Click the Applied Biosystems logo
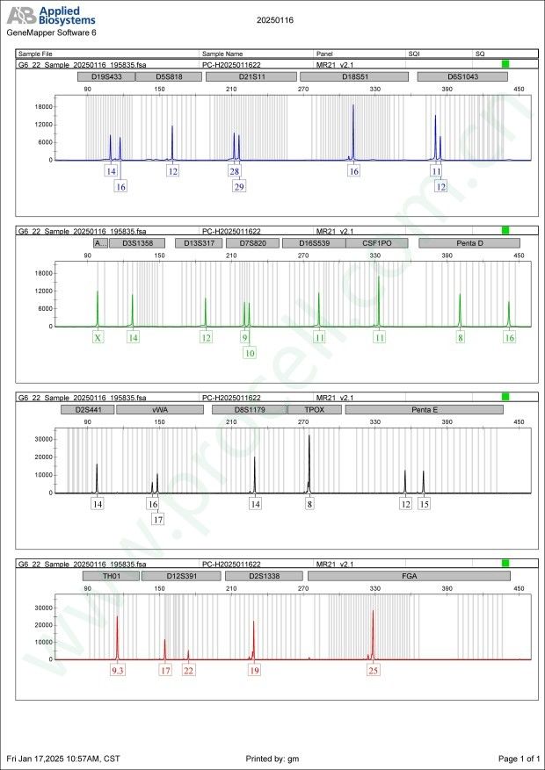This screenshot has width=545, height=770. click(x=52, y=15)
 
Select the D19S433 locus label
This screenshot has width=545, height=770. click(x=105, y=76)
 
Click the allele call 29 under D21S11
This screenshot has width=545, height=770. click(x=239, y=186)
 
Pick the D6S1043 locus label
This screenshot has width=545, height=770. click(x=462, y=76)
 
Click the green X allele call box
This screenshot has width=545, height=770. click(x=98, y=337)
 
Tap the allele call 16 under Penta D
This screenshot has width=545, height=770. click(x=509, y=337)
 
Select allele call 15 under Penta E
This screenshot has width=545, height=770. click(x=424, y=504)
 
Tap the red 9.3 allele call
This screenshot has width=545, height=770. click(x=118, y=670)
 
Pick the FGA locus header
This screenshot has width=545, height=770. click(x=409, y=576)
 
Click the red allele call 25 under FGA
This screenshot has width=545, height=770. click(x=374, y=670)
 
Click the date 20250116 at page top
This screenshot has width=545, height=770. click(x=275, y=18)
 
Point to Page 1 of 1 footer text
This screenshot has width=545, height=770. click(x=519, y=758)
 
